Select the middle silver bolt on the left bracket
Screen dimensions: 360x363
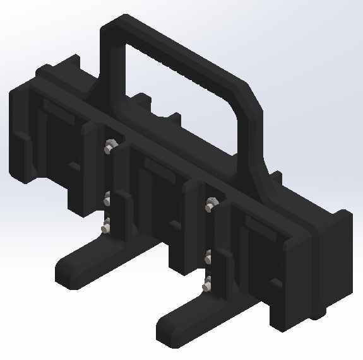[108, 201]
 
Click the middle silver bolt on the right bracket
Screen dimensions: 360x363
[208, 256]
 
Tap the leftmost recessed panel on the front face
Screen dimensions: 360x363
[60, 145]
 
